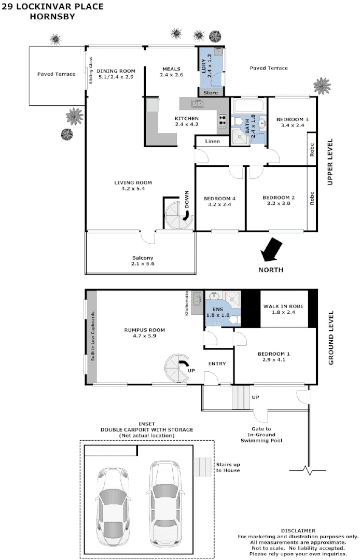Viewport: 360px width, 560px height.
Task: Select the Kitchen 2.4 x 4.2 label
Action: [187, 122]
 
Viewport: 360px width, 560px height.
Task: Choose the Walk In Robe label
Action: [283, 310]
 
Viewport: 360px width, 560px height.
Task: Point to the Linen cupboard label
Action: [212, 141]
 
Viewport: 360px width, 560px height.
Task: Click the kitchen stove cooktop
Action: [223, 121]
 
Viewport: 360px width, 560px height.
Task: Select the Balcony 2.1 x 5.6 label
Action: [143, 261]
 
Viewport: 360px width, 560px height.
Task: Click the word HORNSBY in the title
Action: [52, 16]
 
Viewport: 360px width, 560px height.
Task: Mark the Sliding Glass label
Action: [90, 70]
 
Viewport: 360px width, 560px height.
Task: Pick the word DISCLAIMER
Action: [298, 530]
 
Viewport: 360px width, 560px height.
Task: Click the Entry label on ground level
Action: [217, 363]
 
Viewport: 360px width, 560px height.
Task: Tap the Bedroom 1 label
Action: [275, 357]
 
